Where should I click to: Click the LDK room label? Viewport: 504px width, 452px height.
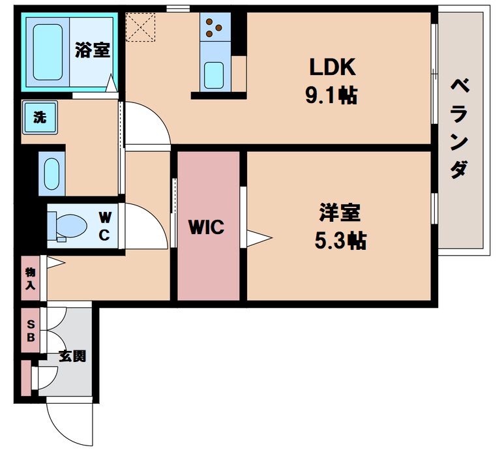coord(331,67)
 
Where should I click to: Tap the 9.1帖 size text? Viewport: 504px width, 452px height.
coord(331,96)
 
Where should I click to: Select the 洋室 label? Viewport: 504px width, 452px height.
coord(340,213)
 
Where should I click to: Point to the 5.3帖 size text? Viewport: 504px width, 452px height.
coord(340,241)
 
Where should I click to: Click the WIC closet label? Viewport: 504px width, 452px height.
coord(207,228)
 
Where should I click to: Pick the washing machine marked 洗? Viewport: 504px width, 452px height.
coord(40,117)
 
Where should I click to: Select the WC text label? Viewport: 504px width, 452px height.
coord(104,226)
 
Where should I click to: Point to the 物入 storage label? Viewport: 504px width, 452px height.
coord(30,279)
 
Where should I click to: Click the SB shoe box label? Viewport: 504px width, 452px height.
coord(30,331)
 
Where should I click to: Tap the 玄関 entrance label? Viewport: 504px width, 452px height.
coord(72,357)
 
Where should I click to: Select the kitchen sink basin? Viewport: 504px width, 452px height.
coord(214,74)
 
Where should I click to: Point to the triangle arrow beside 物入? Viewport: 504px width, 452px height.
coord(55,263)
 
